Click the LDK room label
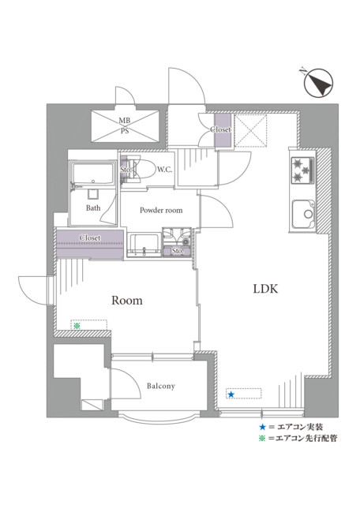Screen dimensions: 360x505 pos(265,289)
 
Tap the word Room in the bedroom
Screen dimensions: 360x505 pos(127,301)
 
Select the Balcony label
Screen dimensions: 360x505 pos(161,386)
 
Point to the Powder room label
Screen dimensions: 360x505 pos(161,211)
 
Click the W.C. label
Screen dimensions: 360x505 pos(164,170)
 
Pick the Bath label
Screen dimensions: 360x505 pos(93,208)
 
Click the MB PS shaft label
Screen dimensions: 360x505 pos(125,126)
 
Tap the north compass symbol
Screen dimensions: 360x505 pos(318,83)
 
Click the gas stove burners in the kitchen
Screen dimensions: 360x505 pos(302,170)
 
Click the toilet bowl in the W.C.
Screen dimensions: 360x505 pos(144,170)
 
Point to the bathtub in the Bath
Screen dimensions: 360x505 pos(93,174)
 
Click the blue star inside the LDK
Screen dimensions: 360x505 pos(231,395)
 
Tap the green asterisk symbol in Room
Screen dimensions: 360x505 pos(77,326)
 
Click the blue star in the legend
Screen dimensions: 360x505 pos(263,427)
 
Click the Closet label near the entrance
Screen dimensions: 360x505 pos(221,129)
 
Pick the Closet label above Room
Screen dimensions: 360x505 pos(90,238)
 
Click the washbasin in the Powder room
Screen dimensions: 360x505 pos(144,245)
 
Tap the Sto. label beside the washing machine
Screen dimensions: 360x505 pos(178,251)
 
